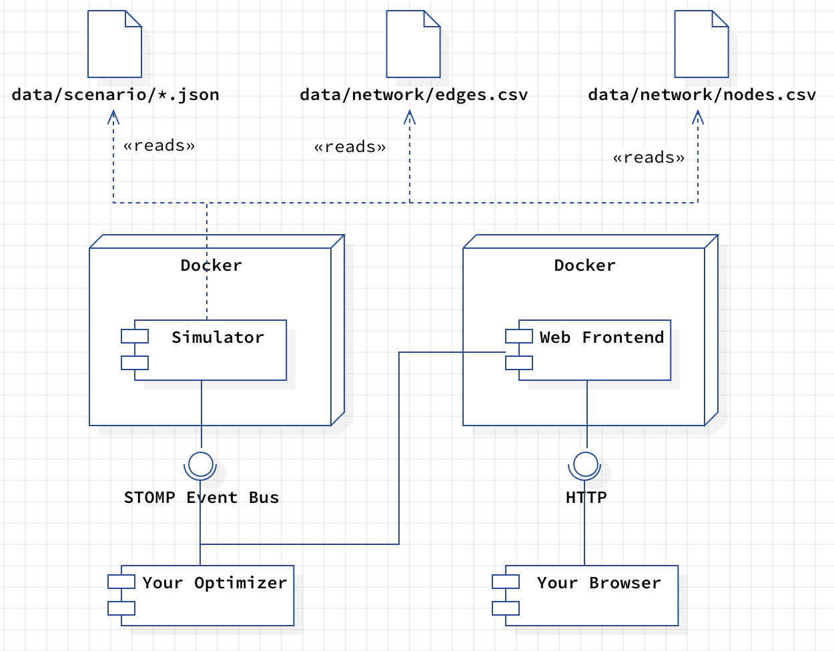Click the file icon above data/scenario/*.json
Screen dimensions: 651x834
[115, 44]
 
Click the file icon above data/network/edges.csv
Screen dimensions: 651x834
[413, 44]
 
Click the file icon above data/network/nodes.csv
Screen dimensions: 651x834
[701, 44]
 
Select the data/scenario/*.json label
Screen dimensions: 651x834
[115, 95]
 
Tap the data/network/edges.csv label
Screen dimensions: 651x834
[414, 95]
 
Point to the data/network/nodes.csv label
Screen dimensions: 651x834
[702, 95]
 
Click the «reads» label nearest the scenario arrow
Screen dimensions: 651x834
[159, 145]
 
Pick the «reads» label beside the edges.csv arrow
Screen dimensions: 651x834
[350, 147]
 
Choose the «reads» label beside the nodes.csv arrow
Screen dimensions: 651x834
[649, 157]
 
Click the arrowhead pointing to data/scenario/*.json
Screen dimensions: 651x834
[114, 117]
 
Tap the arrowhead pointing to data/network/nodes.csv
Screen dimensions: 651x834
[698, 117]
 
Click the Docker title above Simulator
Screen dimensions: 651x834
[211, 265]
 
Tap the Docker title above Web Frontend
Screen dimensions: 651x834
[584, 265]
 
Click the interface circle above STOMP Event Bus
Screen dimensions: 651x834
[201, 464]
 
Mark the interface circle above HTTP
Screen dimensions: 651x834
[585, 464]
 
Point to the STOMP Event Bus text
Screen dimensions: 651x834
[201, 498]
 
